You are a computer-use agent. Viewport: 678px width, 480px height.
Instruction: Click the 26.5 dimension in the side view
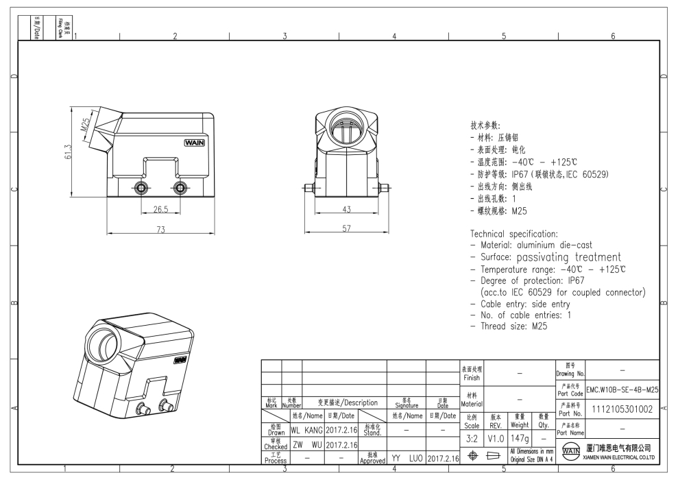coord(160,209)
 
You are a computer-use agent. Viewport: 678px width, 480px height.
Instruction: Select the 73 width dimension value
coord(160,230)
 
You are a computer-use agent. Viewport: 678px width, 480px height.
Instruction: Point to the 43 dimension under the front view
coord(348,209)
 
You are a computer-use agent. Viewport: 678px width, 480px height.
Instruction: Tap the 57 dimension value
coord(348,229)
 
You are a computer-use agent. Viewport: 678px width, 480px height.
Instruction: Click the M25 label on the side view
coord(86,125)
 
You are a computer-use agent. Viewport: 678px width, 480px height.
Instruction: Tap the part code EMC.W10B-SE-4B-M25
coord(622,389)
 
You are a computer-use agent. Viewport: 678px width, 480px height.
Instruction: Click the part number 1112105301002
coord(622,409)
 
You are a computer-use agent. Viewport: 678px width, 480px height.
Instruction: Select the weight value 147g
coord(520,437)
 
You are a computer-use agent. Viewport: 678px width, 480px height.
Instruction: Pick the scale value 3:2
coord(472,437)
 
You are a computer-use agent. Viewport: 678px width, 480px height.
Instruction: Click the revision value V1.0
coord(496,437)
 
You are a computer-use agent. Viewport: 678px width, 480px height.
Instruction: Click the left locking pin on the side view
coord(142,188)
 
